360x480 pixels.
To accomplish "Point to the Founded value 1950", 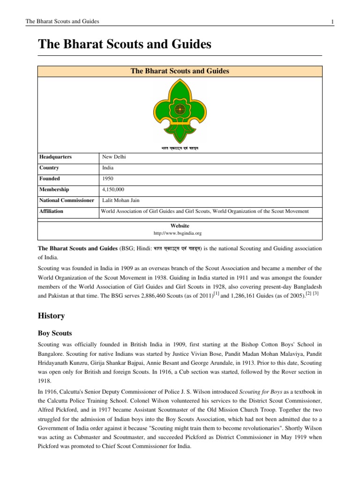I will (108, 179).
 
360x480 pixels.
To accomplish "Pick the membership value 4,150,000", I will (114, 189).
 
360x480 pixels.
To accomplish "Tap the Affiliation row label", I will (51, 211).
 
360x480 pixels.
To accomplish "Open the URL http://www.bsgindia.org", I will (180, 232).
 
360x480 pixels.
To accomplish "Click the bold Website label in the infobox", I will (180, 225).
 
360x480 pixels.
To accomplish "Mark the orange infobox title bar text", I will (180, 71).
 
